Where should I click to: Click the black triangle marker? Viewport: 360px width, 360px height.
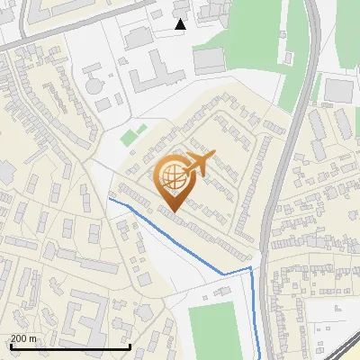coord(181,24)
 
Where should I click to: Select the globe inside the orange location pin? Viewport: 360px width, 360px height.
coord(170,178)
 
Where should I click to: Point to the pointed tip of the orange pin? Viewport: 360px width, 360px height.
coord(171,211)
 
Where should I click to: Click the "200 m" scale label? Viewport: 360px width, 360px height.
coord(23,338)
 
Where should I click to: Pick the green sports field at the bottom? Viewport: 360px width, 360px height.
coord(212,329)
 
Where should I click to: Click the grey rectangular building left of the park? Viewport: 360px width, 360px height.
coord(208,60)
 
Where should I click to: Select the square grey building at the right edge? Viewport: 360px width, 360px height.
coord(338,90)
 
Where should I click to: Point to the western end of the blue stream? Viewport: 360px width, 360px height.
coord(110,198)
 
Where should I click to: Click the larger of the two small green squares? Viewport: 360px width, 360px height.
coord(129,139)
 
